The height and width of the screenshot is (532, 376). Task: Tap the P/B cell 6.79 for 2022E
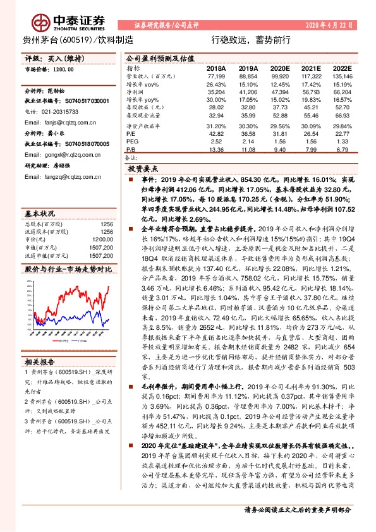(x=342, y=150)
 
